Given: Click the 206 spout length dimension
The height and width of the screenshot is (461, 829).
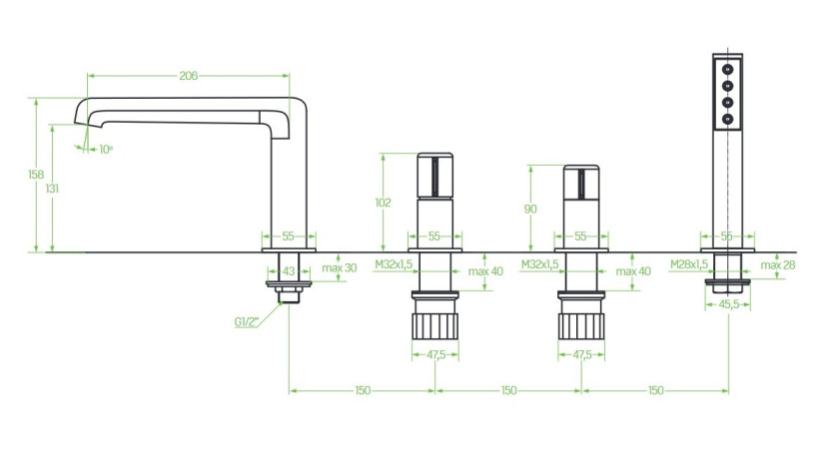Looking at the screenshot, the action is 188,76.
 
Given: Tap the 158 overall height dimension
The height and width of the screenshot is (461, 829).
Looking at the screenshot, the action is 36,175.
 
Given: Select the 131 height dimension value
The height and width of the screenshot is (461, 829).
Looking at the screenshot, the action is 52,189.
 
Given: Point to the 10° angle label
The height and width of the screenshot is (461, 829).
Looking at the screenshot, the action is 106,150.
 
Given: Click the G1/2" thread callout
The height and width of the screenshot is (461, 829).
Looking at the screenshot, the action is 247,322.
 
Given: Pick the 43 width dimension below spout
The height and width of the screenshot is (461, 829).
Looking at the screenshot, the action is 288,271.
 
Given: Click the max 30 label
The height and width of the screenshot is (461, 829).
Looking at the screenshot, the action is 340,267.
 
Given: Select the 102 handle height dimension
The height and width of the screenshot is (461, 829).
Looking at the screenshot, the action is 383,203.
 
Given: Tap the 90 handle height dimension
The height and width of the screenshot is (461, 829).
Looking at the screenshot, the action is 530,210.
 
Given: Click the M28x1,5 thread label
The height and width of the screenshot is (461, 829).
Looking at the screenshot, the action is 689,264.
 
